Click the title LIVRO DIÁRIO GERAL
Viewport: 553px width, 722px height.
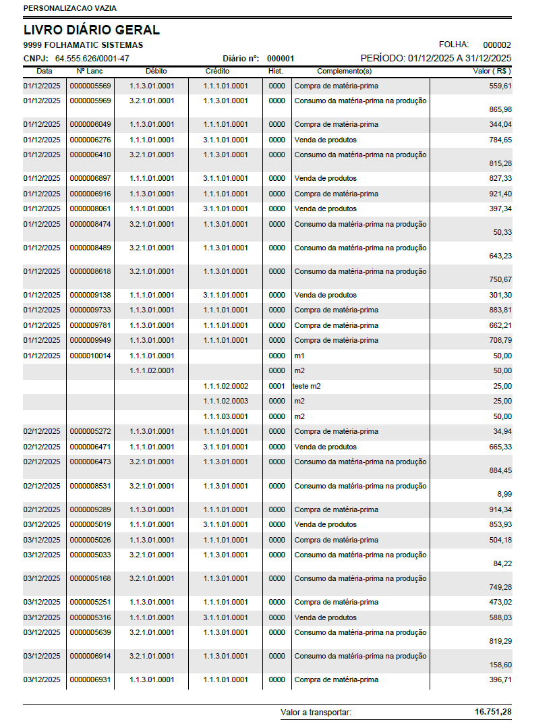(x=92, y=30)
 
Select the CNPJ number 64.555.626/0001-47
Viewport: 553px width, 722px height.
(x=92, y=58)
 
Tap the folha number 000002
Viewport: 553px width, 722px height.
(x=497, y=45)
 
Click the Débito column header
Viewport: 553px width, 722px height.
(x=156, y=71)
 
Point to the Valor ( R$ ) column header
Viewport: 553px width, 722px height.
(x=492, y=71)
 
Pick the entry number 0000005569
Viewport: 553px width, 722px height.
(x=90, y=86)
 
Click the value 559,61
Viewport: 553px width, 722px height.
(x=500, y=86)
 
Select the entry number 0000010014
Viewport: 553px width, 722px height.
(x=90, y=356)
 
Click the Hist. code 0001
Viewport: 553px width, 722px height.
(x=276, y=386)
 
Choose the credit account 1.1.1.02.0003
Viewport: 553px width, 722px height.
(x=226, y=401)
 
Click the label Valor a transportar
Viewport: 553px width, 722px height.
(x=316, y=712)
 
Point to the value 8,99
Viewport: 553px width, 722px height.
(x=503, y=494)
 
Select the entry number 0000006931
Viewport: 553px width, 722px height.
(x=90, y=679)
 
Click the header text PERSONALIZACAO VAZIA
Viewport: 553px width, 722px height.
(x=70, y=8)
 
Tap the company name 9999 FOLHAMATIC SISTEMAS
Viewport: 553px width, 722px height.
(x=83, y=45)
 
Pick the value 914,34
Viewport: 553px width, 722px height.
(x=500, y=509)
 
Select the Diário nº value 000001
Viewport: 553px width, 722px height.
(x=281, y=58)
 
